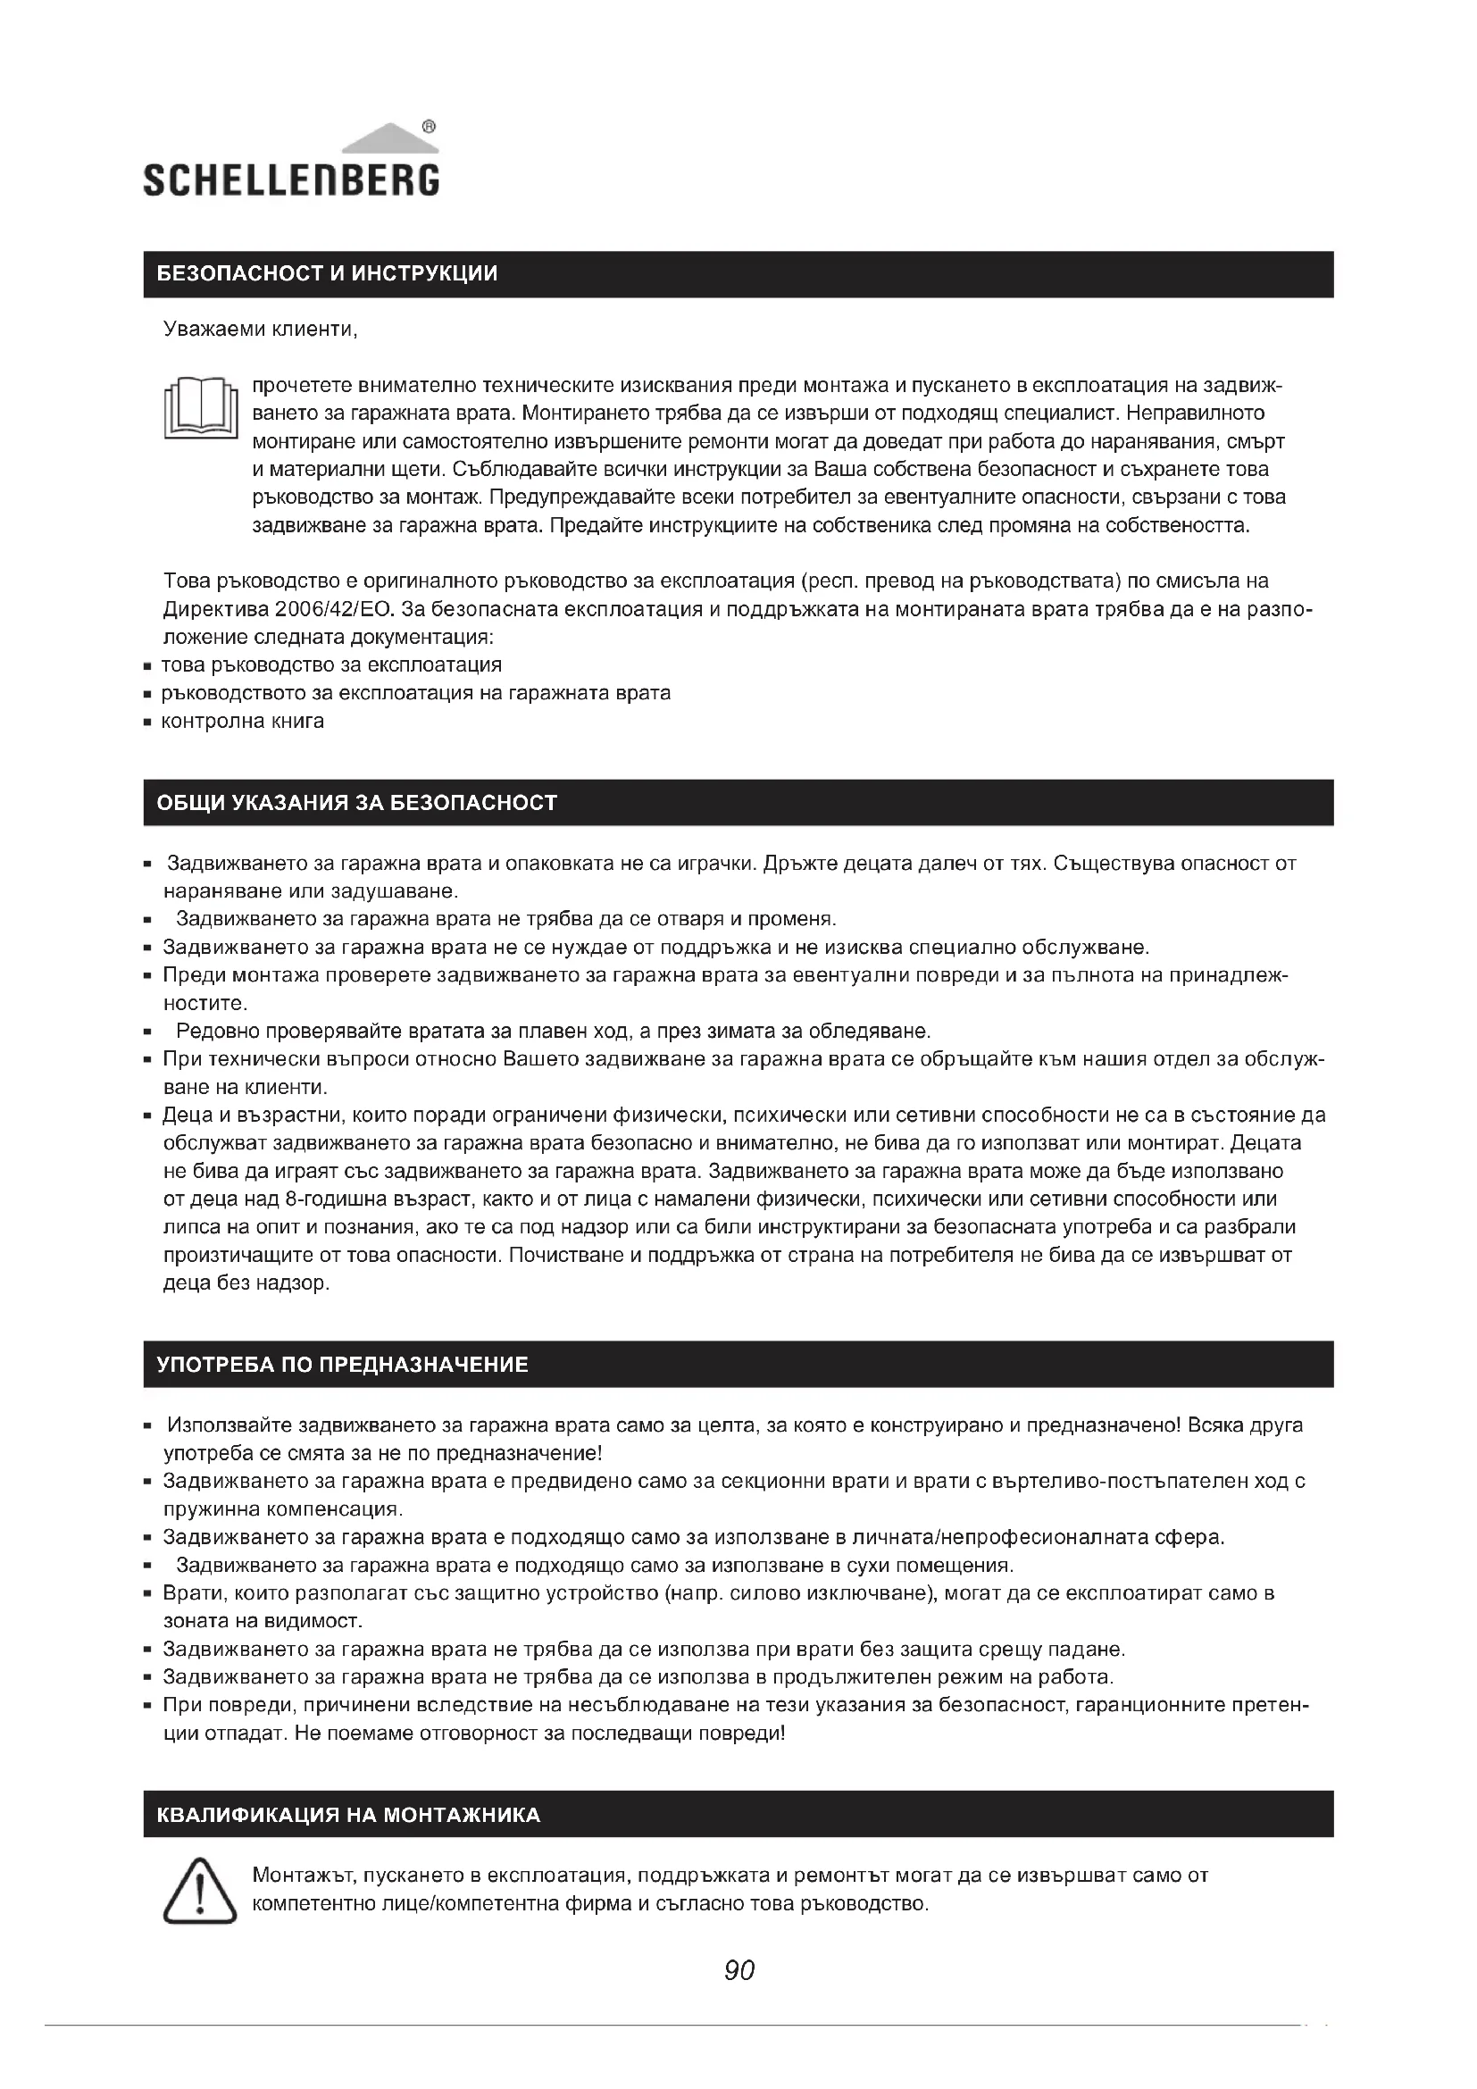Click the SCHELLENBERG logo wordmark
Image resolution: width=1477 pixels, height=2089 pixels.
tap(291, 180)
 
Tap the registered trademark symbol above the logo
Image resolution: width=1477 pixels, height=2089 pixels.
tap(430, 127)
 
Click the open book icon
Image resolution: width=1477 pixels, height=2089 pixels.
tap(200, 408)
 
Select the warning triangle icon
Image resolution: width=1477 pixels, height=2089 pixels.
tap(199, 1892)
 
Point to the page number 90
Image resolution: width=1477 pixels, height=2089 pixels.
tap(739, 1970)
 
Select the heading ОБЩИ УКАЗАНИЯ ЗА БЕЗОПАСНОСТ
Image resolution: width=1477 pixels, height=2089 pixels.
tap(356, 804)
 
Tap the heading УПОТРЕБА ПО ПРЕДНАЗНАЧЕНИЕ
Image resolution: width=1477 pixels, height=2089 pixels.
tap(342, 1365)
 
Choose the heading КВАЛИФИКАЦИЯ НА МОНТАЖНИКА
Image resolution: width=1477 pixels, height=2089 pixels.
tap(348, 1815)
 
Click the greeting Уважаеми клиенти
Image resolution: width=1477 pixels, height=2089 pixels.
tap(260, 330)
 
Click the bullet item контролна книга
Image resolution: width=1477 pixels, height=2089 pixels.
tap(242, 722)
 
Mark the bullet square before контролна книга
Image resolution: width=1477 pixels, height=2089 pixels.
tap(146, 723)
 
